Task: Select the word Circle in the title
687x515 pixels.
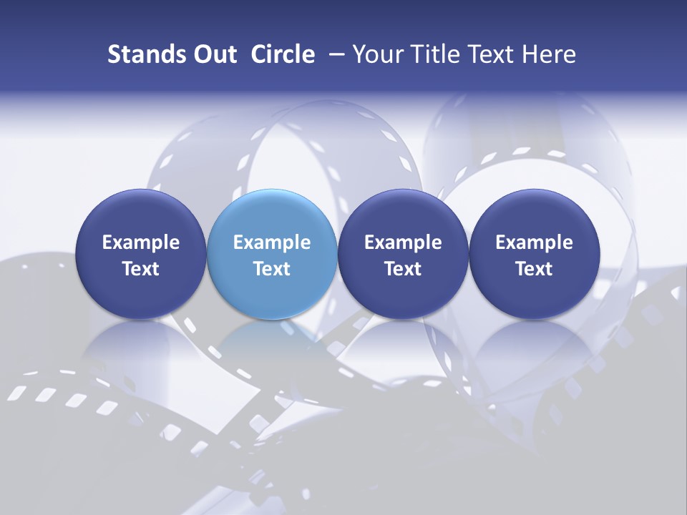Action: coord(283,54)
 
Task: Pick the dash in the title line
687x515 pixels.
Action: coord(336,54)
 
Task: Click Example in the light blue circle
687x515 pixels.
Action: coord(272,242)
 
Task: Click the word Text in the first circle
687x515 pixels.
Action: coord(141,269)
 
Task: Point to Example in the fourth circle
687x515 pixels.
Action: coord(535,242)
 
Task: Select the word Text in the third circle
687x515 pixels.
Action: coord(403,269)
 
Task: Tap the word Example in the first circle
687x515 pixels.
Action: coord(141,242)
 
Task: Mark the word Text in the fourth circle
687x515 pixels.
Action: coord(535,269)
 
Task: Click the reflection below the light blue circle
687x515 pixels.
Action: coord(272,340)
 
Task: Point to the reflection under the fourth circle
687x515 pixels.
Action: coord(535,340)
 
